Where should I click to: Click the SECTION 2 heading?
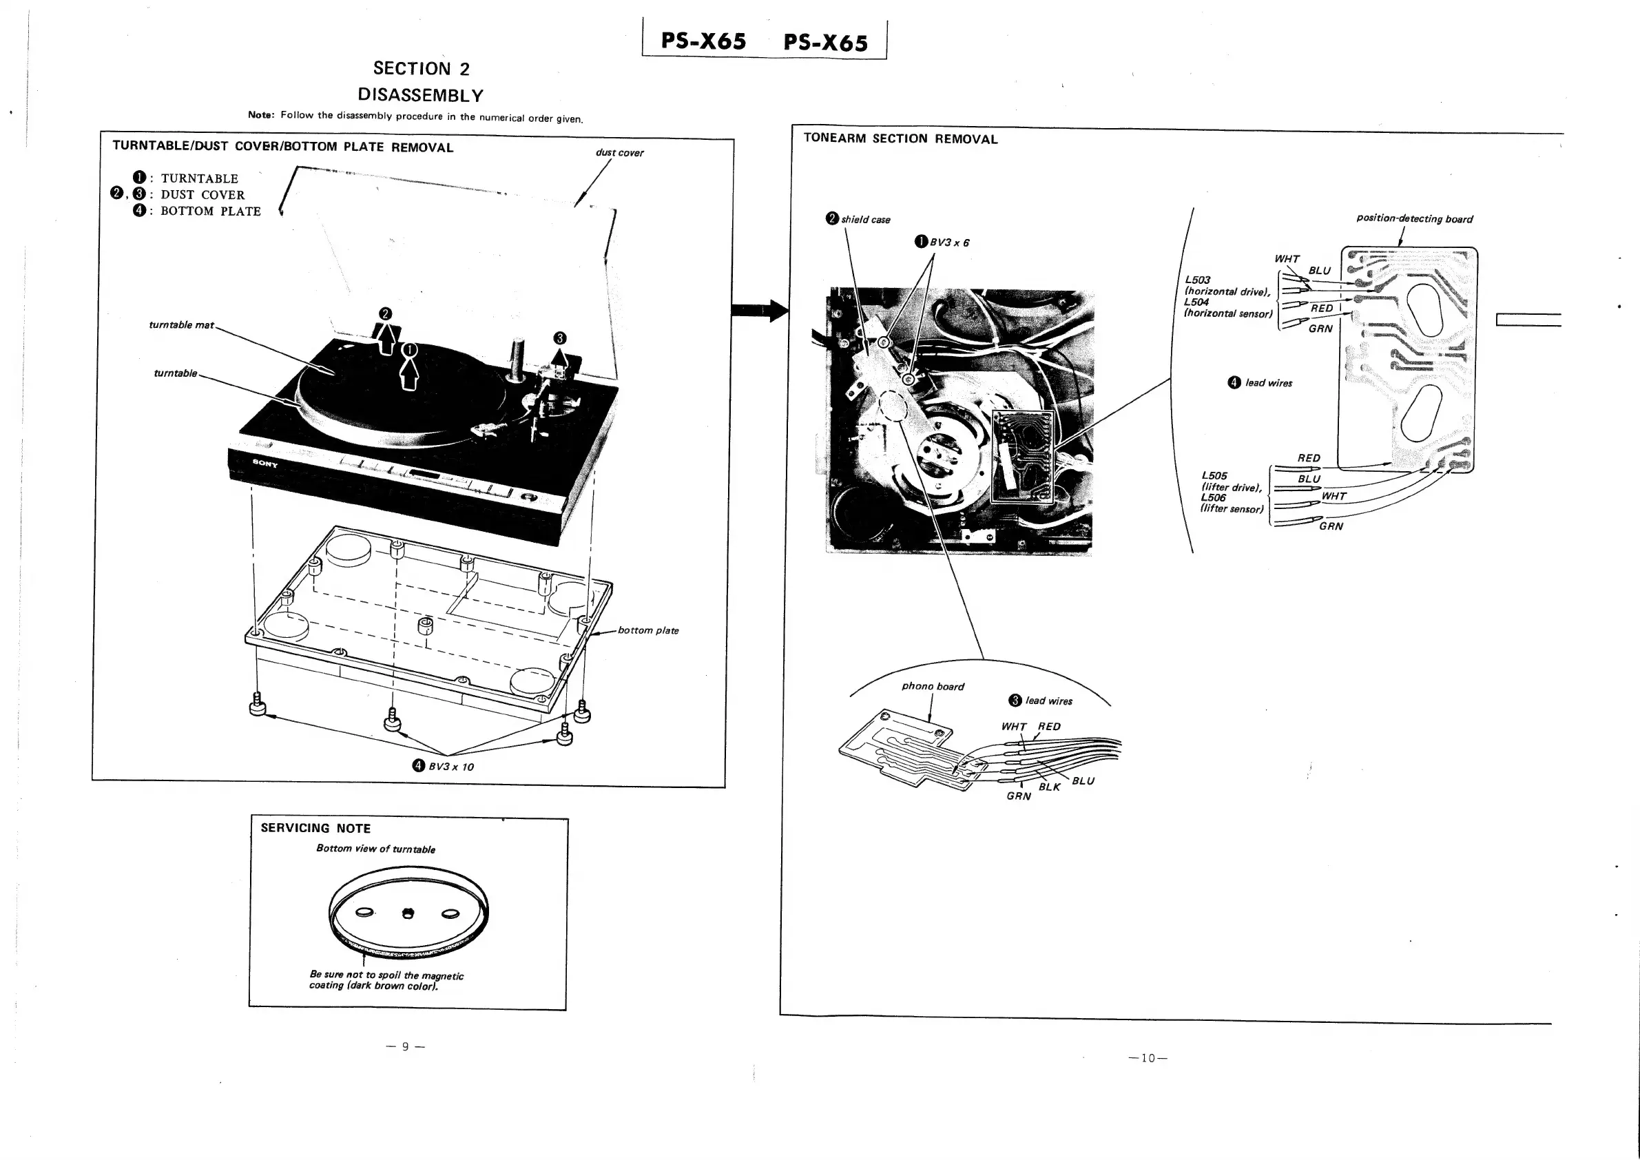click(x=421, y=69)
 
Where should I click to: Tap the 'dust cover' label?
click(x=619, y=153)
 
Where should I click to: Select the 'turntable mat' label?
click(x=180, y=325)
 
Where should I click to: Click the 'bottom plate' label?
click(x=648, y=630)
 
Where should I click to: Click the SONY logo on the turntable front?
click(x=264, y=463)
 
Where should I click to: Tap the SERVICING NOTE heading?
click(x=315, y=828)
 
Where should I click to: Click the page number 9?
click(x=405, y=1046)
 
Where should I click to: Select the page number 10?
click(x=1147, y=1058)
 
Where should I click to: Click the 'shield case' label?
click(x=865, y=219)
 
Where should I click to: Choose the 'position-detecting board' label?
click(x=1414, y=218)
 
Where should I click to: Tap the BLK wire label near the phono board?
click(x=1049, y=787)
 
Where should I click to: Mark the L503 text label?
click(x=1197, y=280)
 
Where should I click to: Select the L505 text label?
click(x=1214, y=476)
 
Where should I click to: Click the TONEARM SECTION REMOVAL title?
click(x=900, y=138)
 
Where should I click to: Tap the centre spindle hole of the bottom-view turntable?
click(x=408, y=913)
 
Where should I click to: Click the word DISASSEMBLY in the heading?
click(x=421, y=95)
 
